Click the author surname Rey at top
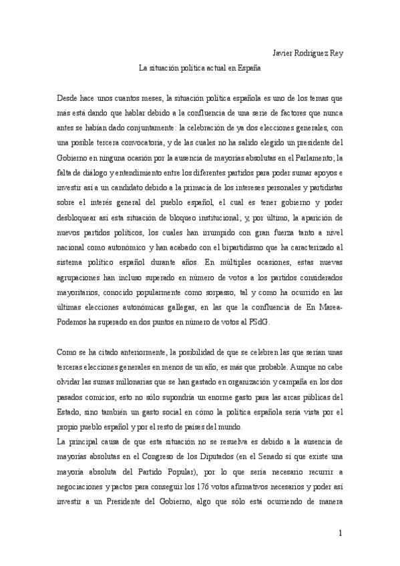click(335, 53)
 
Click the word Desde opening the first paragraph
click(70, 97)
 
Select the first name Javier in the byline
click(285, 53)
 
